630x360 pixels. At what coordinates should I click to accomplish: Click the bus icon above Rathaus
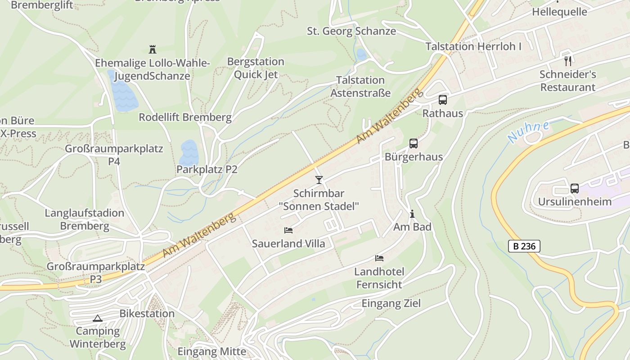(x=443, y=100)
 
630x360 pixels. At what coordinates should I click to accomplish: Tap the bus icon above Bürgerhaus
(x=413, y=144)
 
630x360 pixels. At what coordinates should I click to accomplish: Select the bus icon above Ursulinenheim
(x=574, y=188)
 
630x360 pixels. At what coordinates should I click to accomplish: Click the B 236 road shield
(x=524, y=246)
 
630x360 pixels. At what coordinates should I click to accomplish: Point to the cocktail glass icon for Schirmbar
(x=319, y=180)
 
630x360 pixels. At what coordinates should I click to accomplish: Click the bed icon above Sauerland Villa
(x=288, y=230)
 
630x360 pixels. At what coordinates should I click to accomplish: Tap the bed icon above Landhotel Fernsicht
(x=379, y=258)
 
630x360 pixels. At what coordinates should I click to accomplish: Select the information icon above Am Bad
(x=412, y=214)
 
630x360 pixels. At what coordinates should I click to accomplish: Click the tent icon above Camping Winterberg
(x=98, y=318)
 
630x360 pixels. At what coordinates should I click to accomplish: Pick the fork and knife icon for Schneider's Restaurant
(x=568, y=61)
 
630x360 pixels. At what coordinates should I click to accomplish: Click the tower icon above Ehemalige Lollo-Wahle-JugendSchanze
(x=152, y=49)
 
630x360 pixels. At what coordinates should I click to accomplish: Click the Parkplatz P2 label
(x=207, y=170)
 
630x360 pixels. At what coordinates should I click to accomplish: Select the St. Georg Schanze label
(x=351, y=31)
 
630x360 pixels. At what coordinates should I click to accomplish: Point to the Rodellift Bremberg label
(x=185, y=117)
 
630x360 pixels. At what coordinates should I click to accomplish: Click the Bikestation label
(x=147, y=314)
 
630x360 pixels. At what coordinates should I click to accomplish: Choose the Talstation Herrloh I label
(x=473, y=46)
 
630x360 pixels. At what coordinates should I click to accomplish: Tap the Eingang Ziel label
(x=391, y=303)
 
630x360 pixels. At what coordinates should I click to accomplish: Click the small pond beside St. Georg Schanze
(x=361, y=54)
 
